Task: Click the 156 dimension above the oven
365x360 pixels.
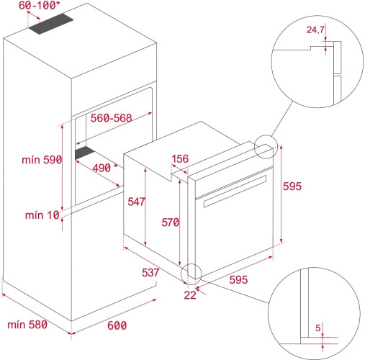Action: coord(181,159)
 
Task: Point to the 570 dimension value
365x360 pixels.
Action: coord(170,223)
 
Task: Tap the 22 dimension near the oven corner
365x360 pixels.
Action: coord(190,294)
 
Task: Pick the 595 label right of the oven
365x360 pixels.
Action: coord(292,186)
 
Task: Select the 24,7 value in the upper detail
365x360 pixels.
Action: coord(315,30)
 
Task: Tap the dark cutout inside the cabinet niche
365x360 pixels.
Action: coord(86,153)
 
